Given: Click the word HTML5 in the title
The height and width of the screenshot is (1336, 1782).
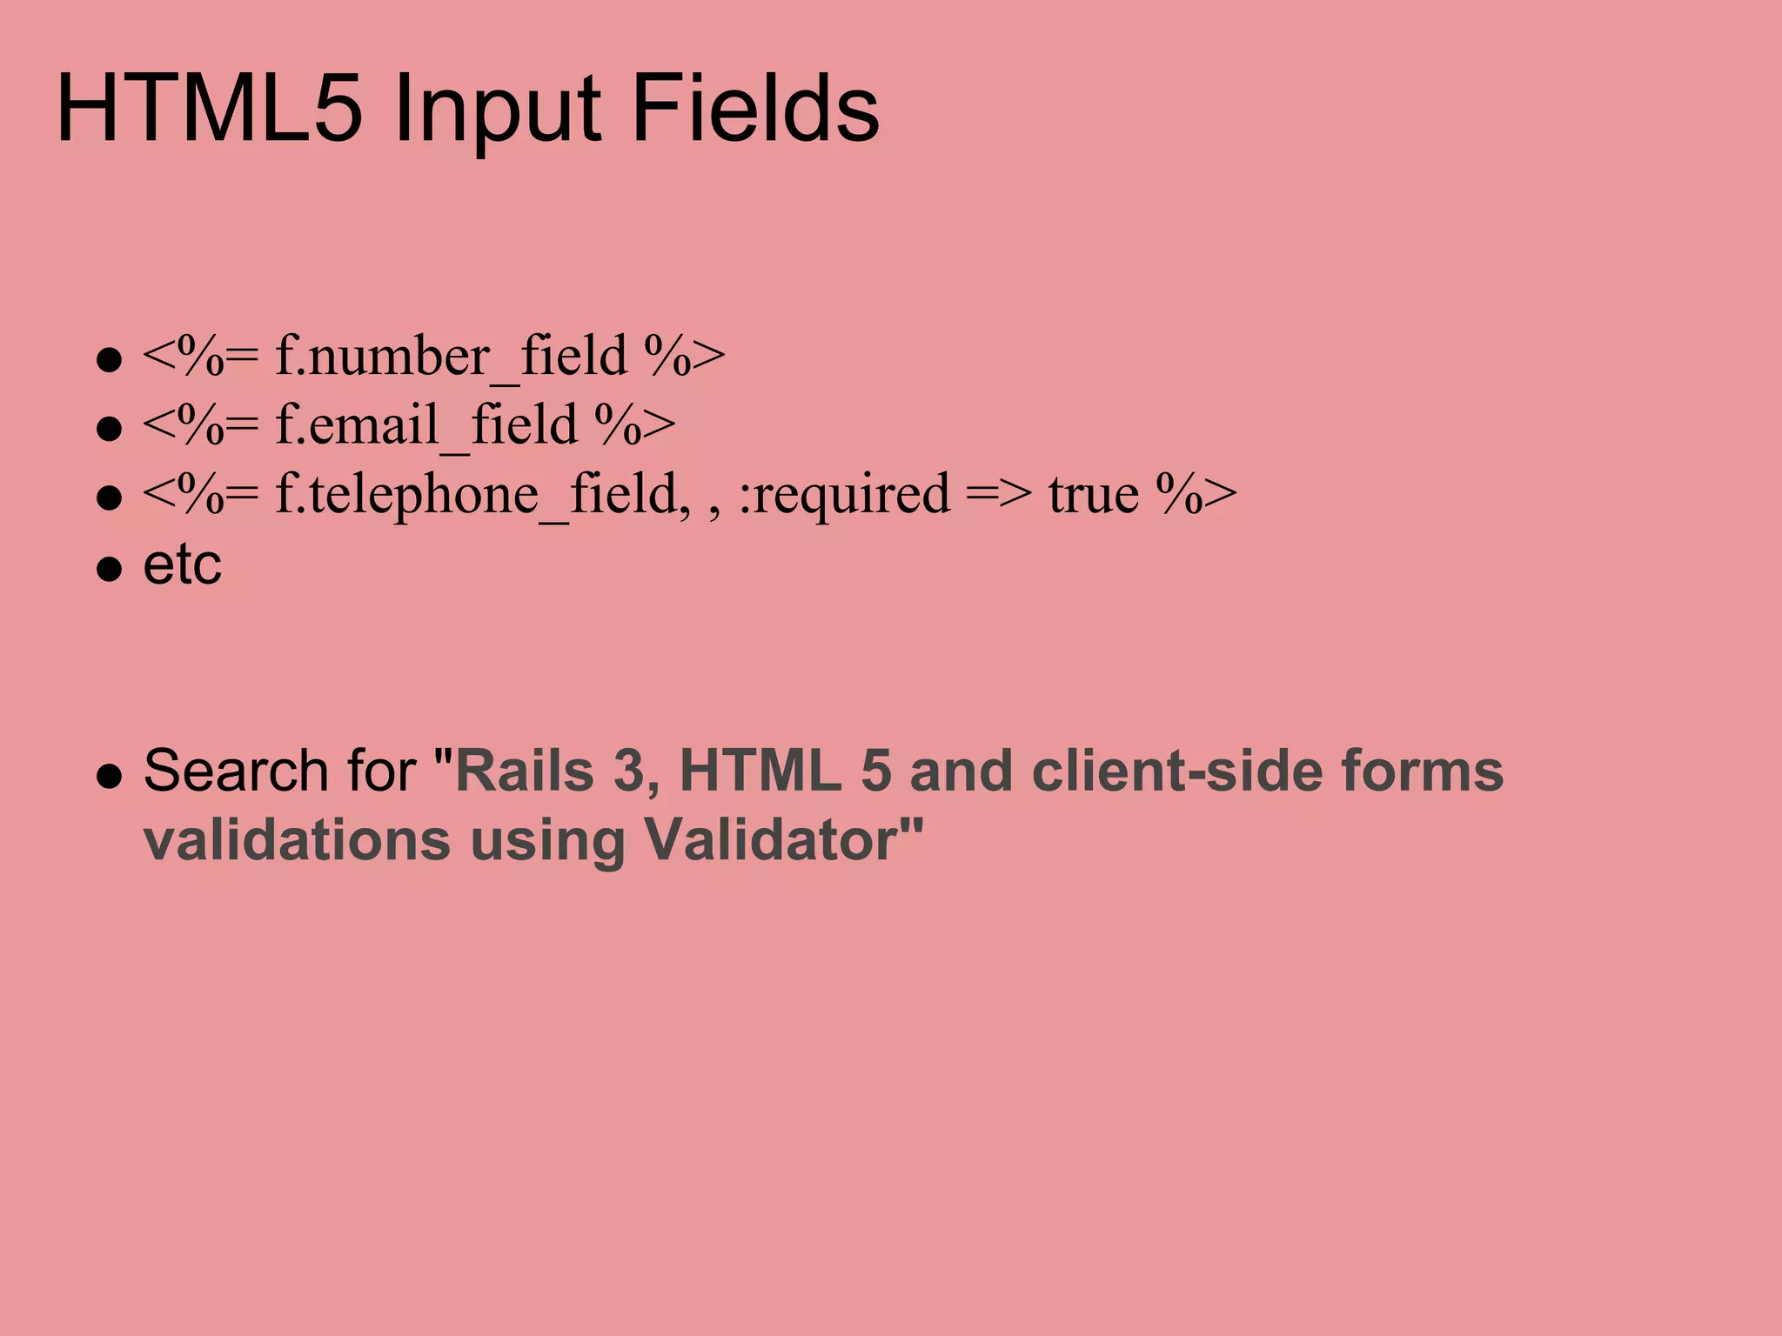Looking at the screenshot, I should click(209, 110).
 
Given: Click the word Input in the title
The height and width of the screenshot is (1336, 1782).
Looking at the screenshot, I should click(497, 110).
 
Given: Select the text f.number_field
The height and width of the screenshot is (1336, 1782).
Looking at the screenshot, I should click(451, 357).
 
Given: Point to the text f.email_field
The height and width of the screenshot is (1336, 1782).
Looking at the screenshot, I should click(426, 425).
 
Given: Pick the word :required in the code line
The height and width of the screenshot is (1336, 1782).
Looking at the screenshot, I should click(844, 494).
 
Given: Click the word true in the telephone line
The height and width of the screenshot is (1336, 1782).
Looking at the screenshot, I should click(1093, 494).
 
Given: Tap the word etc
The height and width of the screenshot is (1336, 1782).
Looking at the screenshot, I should click(182, 564).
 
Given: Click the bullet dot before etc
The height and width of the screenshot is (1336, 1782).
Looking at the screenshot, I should click(109, 569).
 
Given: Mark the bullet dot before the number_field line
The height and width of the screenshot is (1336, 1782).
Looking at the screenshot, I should click(109, 360).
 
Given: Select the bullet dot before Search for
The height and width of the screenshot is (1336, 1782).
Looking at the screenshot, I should click(109, 775).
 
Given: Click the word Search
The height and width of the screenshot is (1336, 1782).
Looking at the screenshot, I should click(235, 771).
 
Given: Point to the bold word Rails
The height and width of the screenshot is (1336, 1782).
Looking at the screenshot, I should click(525, 771).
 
